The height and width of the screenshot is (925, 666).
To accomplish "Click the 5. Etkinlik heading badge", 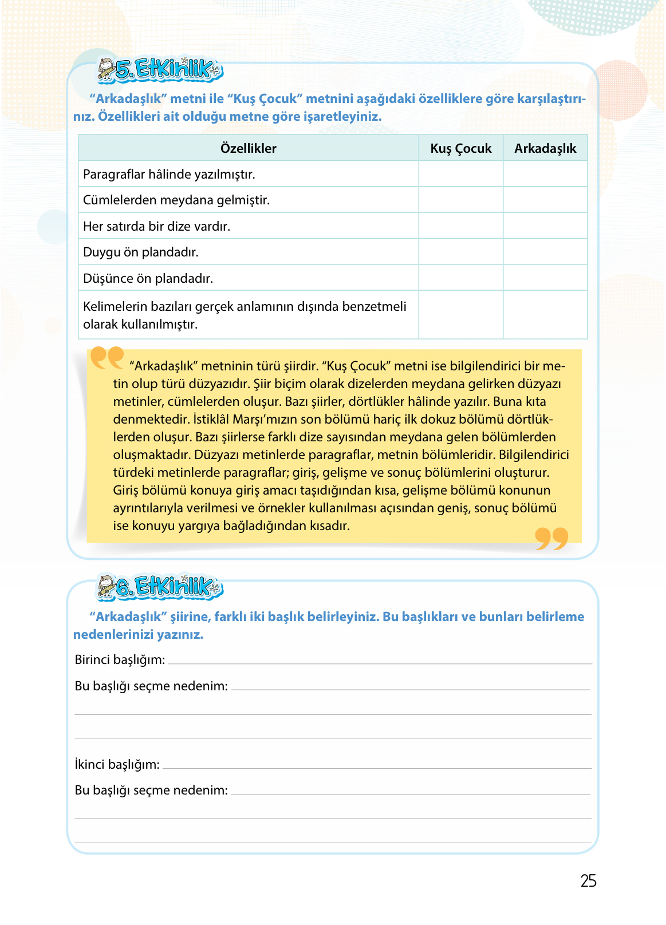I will point(161,70).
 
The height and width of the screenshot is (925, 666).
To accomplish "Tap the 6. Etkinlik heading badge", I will point(160,587).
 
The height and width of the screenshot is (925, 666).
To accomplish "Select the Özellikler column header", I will point(248,148).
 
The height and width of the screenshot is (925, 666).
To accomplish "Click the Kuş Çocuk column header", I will point(460,148).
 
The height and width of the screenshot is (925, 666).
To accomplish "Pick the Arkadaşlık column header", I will point(545,148).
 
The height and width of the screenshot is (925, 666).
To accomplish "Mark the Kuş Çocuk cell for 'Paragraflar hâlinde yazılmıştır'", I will point(460,174).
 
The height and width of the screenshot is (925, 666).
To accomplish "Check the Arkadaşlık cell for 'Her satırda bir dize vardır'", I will point(545,226).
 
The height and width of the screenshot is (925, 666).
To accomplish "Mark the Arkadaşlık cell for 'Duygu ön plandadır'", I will point(545,252).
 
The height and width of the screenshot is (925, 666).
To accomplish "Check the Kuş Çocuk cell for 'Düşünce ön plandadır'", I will point(460,278).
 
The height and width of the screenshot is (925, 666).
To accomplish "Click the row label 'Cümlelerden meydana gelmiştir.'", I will point(176,200).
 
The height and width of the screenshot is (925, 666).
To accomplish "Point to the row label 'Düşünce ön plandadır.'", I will point(148,279).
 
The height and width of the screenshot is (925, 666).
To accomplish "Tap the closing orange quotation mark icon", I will point(551,539).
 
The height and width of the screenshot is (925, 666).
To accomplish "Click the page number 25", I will point(588,880).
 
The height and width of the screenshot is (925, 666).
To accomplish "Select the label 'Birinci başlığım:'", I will point(120,660).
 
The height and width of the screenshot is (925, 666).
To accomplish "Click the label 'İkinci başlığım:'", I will point(117,765).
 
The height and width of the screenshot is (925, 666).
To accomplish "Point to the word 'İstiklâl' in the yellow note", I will point(210,420).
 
